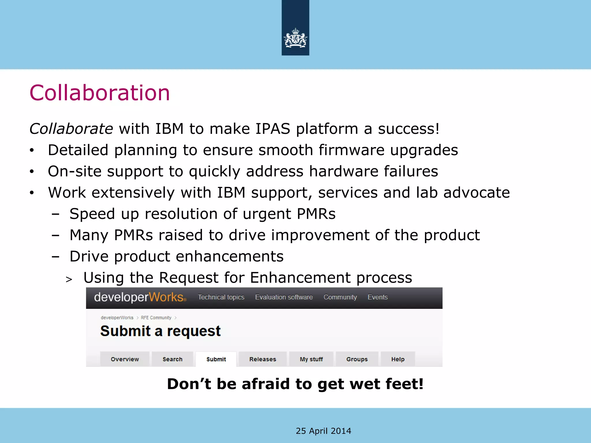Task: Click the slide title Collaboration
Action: [x=100, y=93]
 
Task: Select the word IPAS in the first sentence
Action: [x=273, y=129]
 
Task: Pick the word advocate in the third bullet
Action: [x=476, y=192]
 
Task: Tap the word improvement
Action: [x=320, y=235]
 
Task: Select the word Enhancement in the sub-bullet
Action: [x=300, y=277]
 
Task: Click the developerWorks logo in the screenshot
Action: [x=140, y=297]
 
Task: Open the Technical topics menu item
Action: [x=221, y=297]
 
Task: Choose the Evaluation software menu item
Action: [x=284, y=297]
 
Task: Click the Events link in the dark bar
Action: [x=377, y=297]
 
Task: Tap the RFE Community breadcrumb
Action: [x=156, y=318]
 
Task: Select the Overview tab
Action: [x=125, y=359]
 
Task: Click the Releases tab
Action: [x=263, y=359]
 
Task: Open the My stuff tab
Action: [x=311, y=359]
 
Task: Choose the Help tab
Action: [x=398, y=359]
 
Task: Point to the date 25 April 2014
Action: [x=323, y=431]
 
